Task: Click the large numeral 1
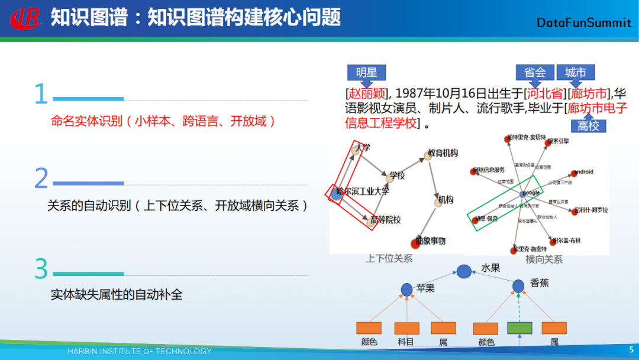40,94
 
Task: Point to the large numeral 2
41,178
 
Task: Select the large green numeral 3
41,269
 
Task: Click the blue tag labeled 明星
366,73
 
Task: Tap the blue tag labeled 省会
535,72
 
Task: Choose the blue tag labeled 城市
575,72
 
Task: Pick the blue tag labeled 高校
589,126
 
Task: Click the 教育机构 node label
443,153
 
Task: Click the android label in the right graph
582,172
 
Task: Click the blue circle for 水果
464,272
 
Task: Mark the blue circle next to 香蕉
518,286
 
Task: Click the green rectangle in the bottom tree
519,327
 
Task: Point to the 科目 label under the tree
406,342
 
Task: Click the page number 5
631,350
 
